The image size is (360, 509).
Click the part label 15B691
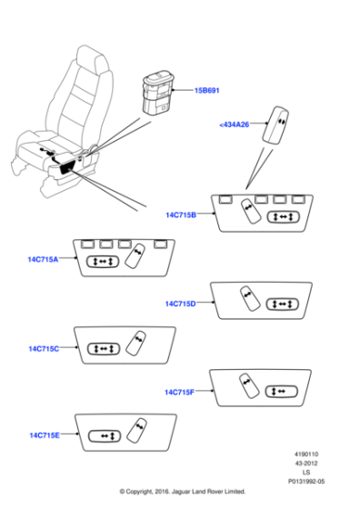click(x=206, y=91)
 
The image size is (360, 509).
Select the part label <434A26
click(x=234, y=125)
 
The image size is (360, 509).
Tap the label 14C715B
click(x=181, y=215)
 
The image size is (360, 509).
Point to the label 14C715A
click(x=43, y=259)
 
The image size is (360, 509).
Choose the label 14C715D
click(x=181, y=304)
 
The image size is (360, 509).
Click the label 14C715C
click(x=44, y=349)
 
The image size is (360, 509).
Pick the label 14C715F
click(x=179, y=392)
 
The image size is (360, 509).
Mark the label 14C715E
click(x=45, y=435)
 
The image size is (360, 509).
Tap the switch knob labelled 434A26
click(x=275, y=125)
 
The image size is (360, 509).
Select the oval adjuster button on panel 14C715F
click(x=282, y=392)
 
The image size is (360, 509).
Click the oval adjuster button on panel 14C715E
click(x=105, y=436)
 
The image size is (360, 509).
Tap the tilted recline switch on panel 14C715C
click(x=135, y=343)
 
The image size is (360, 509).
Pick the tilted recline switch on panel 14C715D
click(x=250, y=298)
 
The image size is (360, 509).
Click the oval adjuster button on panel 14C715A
click(x=103, y=262)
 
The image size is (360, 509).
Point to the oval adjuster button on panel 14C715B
click(x=283, y=217)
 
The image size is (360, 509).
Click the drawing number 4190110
click(x=306, y=454)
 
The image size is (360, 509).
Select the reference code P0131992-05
click(x=306, y=482)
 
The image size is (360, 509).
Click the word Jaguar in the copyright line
click(x=179, y=492)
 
